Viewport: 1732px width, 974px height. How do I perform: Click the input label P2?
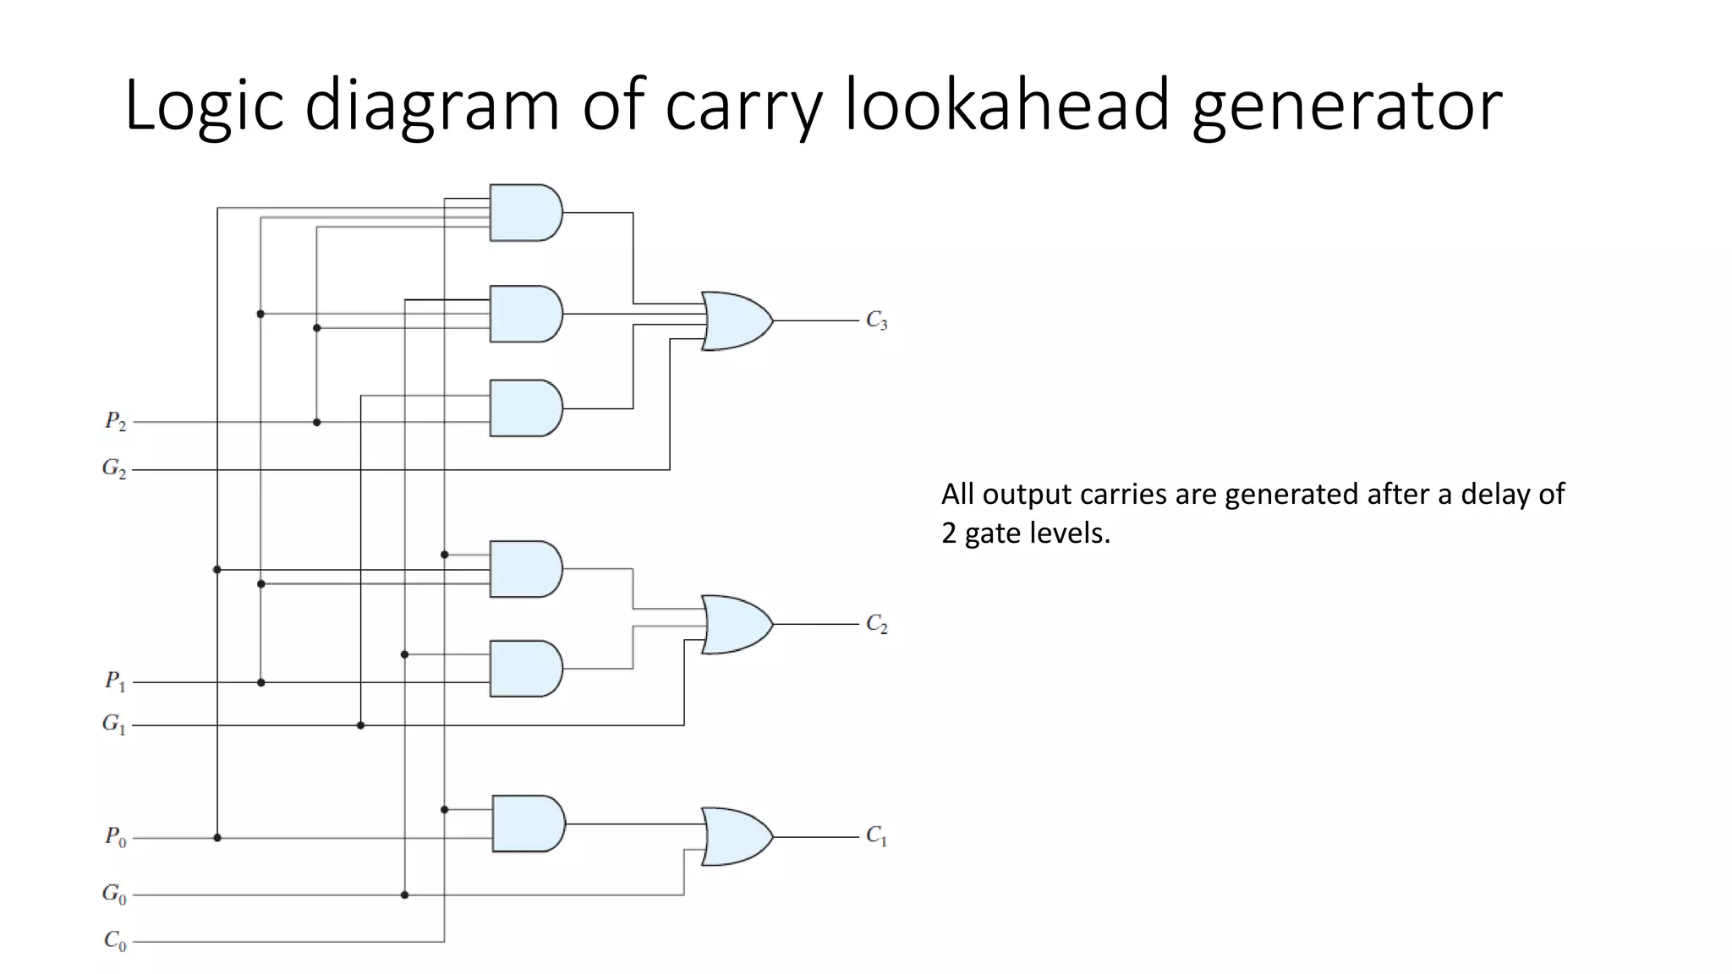115,421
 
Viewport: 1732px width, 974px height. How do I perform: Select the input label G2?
114,468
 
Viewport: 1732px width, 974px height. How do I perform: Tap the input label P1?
115,681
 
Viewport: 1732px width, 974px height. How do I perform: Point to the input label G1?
114,724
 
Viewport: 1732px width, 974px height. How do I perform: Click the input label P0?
115,837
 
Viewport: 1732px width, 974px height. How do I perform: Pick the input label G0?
114,894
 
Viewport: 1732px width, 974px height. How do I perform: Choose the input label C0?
115,940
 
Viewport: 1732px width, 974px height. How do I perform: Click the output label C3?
876,320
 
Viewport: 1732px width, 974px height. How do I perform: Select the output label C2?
876,624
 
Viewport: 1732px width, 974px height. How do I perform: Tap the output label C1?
876,836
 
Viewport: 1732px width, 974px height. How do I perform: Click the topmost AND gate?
525,213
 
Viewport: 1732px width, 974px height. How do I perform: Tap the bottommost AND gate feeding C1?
528,823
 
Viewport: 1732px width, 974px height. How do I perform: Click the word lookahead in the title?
1006,105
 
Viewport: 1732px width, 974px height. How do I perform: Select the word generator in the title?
1346,105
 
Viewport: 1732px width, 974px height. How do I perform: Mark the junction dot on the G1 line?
360,725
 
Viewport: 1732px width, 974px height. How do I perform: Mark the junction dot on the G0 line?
404,895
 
